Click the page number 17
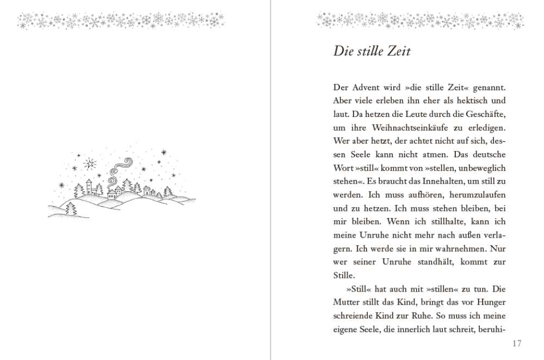tap(517, 343)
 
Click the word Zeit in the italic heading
tap(395, 52)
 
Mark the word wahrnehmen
tap(451, 249)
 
